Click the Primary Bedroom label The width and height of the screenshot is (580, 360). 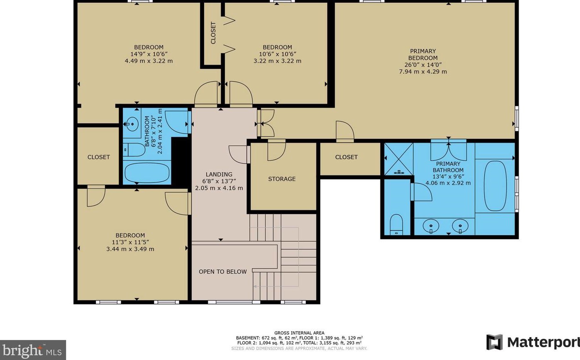pos(423,55)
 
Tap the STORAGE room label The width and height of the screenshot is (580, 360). pos(282,179)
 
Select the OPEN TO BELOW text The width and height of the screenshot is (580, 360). pos(222,272)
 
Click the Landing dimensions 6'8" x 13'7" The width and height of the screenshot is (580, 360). pos(219,181)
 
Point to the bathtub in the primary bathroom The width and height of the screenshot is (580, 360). pos(495,186)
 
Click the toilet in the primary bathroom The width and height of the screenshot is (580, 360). pos(396,224)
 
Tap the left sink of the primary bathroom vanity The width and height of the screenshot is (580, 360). pos(431,226)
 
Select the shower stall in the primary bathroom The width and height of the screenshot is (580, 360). pos(399,158)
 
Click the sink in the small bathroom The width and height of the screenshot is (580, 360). pos(132,124)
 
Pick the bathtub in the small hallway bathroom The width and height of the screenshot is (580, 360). pos(147,173)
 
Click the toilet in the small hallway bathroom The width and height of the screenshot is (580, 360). pos(134,149)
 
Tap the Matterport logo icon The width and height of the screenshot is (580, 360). pos(494,342)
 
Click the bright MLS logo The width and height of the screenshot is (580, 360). pos(33,350)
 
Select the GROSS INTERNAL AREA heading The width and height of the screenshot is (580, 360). pos(299,333)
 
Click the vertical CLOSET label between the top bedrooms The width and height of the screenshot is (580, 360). pos(213,33)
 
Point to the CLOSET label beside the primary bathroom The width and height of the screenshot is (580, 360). pos(346,157)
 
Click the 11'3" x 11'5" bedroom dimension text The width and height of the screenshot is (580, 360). pos(130,242)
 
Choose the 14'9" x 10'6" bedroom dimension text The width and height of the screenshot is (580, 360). pos(149,54)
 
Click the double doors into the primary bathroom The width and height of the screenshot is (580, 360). pos(448,151)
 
